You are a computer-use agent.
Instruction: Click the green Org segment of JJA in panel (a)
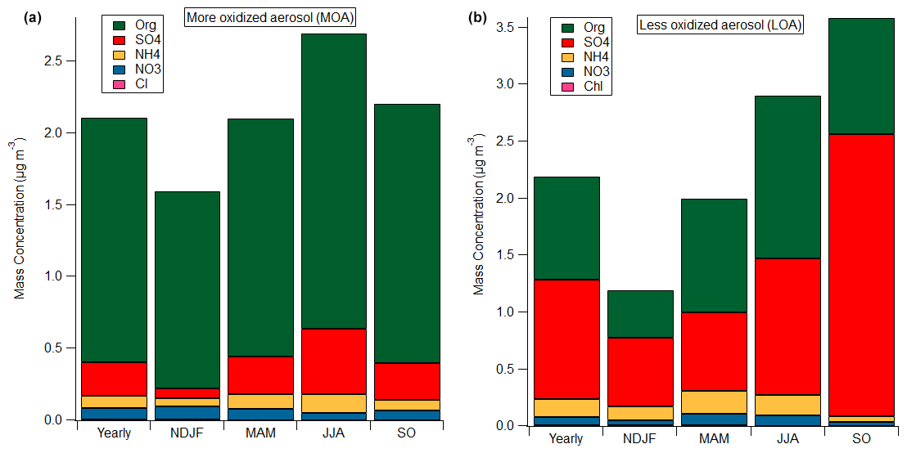coord(333,180)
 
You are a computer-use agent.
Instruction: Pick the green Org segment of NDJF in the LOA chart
coord(639,314)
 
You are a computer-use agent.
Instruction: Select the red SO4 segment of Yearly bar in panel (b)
coord(566,339)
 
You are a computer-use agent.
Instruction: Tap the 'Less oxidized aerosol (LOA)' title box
coord(720,25)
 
